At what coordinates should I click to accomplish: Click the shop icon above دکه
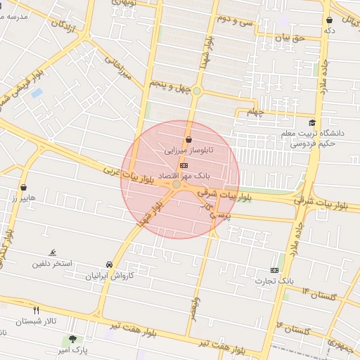tap(330, 20)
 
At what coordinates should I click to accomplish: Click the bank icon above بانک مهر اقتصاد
tap(184, 165)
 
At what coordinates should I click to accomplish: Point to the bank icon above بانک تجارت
tap(274, 270)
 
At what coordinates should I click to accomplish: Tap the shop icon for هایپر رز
tap(25, 188)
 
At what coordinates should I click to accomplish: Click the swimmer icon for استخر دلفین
tap(53, 253)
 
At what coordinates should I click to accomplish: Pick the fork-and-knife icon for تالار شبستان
tap(37, 309)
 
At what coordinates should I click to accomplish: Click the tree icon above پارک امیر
tap(72, 339)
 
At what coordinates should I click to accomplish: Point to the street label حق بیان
tap(289, 37)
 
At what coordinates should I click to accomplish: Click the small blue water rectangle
tap(37, 92)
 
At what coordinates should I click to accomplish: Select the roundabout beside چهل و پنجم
tap(198, 91)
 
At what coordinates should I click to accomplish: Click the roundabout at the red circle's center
tap(176, 184)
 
